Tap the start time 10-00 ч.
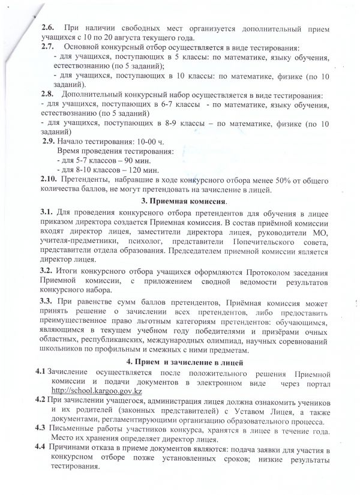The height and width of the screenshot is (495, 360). [139, 142]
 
